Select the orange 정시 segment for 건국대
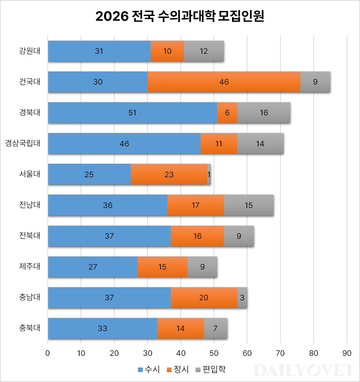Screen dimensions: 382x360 pos(224,82)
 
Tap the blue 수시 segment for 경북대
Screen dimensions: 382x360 pos(132,112)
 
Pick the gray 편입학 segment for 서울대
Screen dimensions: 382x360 pos(209,174)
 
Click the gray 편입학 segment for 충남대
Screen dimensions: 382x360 pos(242,297)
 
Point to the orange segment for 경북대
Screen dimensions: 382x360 pos(227,112)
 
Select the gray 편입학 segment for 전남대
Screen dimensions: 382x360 pos(249,205)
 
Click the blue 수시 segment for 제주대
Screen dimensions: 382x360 pos(93,266)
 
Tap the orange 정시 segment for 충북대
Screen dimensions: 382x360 pos(180,328)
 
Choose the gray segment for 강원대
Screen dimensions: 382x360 pos(204,51)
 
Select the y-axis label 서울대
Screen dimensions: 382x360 pos(30,174)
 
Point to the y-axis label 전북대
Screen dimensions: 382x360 pos(30,236)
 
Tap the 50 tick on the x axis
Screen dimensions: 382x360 pos(214,353)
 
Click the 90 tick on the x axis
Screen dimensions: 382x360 pos(347,353)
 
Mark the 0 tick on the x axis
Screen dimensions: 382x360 pos(48,353)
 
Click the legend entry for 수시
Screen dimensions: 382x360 pos(149,370)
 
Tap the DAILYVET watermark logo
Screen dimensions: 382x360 pos(304,370)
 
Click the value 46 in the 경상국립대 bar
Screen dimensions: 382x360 pos(124,143)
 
